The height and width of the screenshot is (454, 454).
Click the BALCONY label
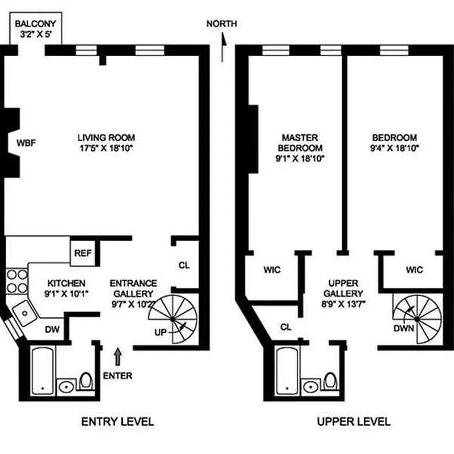point(35,23)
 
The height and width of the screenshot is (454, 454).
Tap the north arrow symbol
point(223,47)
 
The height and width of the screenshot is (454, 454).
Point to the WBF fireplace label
point(26,143)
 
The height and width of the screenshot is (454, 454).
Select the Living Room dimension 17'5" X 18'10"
point(106,148)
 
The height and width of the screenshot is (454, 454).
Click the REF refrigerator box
point(83,253)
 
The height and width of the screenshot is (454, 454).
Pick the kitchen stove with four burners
point(17,281)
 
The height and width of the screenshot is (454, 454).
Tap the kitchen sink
point(24,313)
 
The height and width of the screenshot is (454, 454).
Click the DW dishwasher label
point(52,329)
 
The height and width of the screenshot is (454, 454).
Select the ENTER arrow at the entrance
point(117,357)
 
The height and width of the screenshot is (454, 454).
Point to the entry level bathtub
point(43,371)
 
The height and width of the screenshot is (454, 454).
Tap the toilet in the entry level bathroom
point(86,381)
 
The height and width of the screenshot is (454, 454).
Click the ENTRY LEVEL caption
point(117,422)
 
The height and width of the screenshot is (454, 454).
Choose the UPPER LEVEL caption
point(354,422)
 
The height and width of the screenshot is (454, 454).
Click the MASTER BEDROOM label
point(300,143)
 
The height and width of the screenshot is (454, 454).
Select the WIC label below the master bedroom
point(272,270)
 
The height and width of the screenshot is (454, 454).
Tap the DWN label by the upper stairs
point(403,329)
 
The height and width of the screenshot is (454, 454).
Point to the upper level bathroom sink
point(311,386)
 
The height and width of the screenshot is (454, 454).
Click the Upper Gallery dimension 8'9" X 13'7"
point(343,304)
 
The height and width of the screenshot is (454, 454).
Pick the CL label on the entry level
point(184,265)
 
